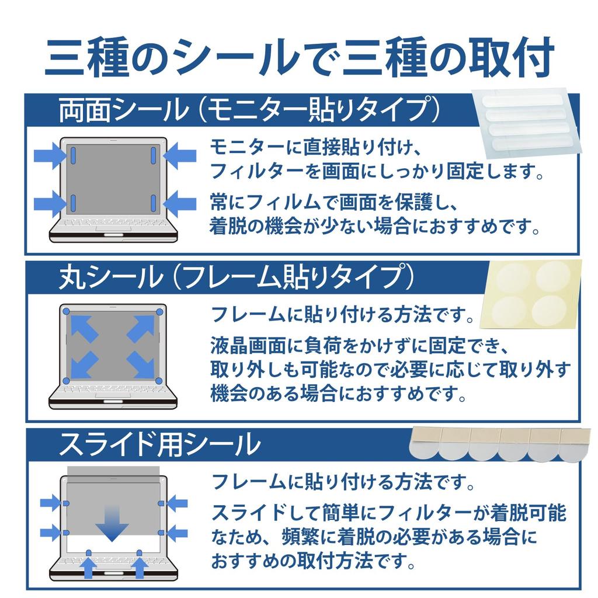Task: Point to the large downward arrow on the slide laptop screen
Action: [113, 523]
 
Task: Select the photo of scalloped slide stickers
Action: [500, 444]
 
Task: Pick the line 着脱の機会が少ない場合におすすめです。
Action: [374, 226]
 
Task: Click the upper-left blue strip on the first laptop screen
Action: [74, 155]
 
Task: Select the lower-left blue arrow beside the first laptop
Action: [49, 204]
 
